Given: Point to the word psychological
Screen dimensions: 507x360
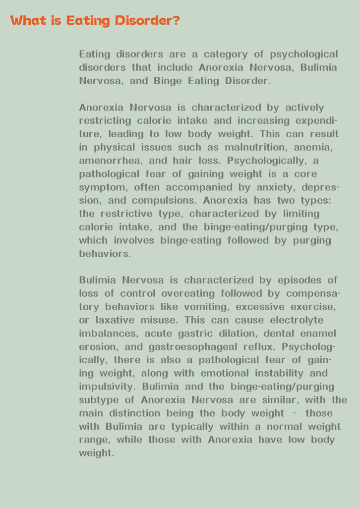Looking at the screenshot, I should tap(304, 54).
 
